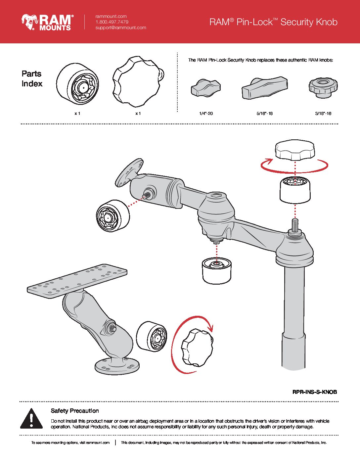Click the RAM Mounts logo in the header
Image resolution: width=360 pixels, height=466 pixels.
click(47, 22)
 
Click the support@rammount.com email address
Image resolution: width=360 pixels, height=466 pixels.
click(120, 28)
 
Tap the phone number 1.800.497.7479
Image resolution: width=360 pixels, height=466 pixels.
click(112, 22)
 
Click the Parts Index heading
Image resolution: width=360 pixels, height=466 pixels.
click(32, 79)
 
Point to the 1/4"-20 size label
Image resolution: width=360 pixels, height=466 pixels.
click(206, 114)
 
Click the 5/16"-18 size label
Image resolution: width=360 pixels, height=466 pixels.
click(264, 114)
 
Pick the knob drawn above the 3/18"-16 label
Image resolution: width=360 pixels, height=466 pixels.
click(323, 87)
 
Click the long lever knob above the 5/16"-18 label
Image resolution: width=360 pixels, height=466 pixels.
click(264, 88)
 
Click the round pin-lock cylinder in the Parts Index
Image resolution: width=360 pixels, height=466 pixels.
click(78, 84)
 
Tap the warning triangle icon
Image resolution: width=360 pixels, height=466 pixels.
click(31, 419)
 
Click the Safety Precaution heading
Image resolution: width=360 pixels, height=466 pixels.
click(75, 411)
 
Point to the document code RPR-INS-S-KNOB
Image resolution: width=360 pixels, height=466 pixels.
click(314, 392)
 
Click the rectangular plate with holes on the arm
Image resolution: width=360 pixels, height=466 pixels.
click(77, 281)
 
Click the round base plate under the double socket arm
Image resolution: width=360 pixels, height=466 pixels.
click(117, 366)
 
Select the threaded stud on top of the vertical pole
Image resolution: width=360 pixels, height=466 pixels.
click(295, 225)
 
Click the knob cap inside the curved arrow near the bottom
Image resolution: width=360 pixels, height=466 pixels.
click(197, 348)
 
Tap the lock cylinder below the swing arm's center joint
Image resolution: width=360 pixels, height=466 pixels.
click(217, 270)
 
